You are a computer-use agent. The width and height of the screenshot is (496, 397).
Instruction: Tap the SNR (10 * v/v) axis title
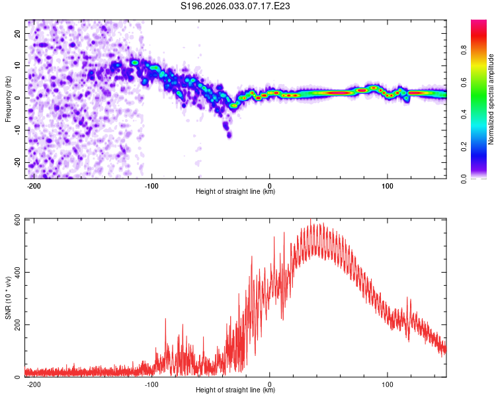pyautogui.click(x=8, y=297)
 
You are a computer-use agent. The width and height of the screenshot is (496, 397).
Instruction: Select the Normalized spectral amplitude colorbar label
pyautogui.click(x=491, y=99)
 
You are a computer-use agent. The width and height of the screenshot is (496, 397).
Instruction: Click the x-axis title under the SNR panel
pyautogui.click(x=235, y=391)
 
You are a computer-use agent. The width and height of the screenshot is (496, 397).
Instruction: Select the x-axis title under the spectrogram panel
pyautogui.click(x=235, y=192)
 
